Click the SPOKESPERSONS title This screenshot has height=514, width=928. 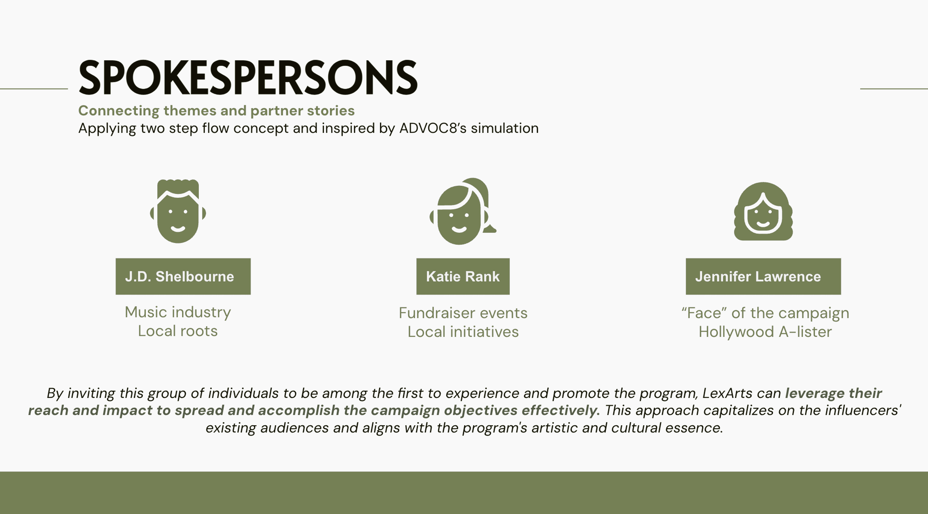[x=248, y=78]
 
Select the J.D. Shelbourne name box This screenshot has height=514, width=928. [x=183, y=276]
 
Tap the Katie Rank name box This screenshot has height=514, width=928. [x=463, y=276]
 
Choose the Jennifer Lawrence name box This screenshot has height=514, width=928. [x=763, y=276]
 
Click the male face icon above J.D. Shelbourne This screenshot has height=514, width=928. [x=178, y=211]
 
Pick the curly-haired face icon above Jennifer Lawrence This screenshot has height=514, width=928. [x=763, y=211]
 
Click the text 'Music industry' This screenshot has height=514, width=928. [x=178, y=312]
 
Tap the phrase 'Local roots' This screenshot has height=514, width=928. [x=178, y=331]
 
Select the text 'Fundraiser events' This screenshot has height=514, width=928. [x=463, y=313]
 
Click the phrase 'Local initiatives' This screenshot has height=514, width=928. [x=463, y=331]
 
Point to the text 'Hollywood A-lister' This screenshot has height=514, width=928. [x=765, y=331]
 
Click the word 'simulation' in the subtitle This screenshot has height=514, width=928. [x=505, y=128]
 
